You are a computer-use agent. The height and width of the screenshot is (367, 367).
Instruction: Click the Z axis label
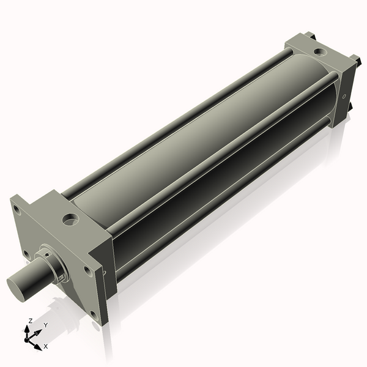pyautogui.click(x=30, y=321)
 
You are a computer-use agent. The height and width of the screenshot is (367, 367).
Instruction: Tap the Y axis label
pyautogui.click(x=46, y=325)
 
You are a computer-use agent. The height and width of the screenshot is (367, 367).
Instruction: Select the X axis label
pyautogui.click(x=46, y=346)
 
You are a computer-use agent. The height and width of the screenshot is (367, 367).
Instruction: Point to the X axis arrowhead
pyautogui.click(x=38, y=347)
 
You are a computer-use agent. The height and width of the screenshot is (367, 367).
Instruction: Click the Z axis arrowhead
pyautogui.click(x=27, y=329)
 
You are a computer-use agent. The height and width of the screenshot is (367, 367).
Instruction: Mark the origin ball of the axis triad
pyautogui.click(x=26, y=340)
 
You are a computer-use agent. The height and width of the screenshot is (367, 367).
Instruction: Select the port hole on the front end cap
pyautogui.click(x=70, y=220)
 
